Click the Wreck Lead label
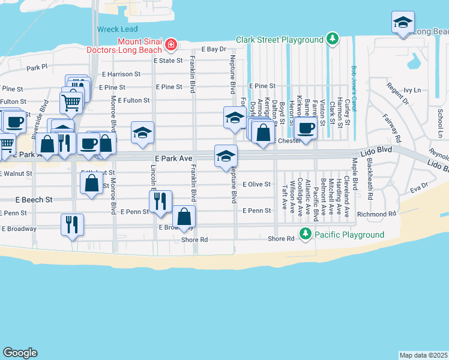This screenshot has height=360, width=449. click(117, 29)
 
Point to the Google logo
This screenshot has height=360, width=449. click(20, 353)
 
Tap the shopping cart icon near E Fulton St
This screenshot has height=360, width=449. click(71, 101)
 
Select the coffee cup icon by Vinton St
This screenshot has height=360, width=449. click(306, 128)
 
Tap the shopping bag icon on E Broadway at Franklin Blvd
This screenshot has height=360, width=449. click(184, 217)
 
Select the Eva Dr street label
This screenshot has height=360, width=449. click(419, 189)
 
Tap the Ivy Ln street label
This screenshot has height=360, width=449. click(413, 90)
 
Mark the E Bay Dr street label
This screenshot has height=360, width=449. click(214, 49)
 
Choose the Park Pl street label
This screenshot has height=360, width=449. click(37, 67)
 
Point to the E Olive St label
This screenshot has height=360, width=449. click(257, 185)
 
